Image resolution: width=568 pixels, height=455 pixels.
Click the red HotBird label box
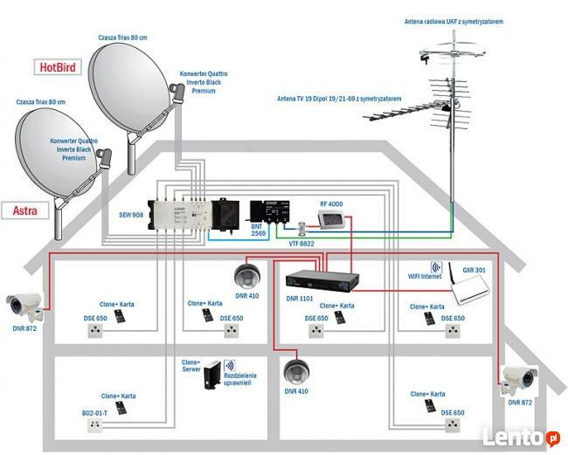click(57, 66)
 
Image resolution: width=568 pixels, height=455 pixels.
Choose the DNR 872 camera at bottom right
click(521, 376)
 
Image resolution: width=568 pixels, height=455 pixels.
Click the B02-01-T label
click(94, 411)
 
